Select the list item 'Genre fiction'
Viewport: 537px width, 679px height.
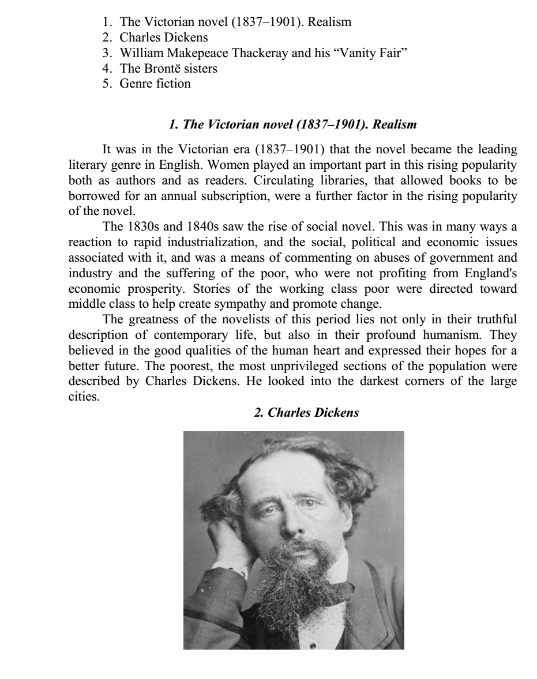pyautogui.click(x=155, y=84)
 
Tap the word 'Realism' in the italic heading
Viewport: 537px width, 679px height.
pyautogui.click(x=395, y=125)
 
